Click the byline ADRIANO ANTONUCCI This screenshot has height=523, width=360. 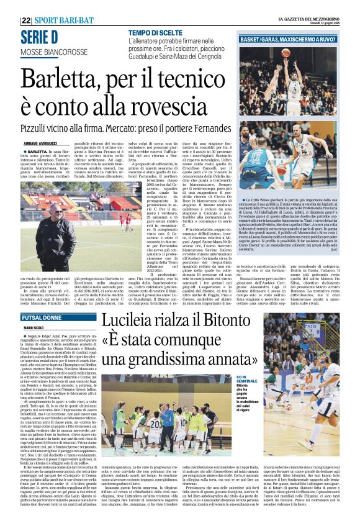click(x=39, y=142)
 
